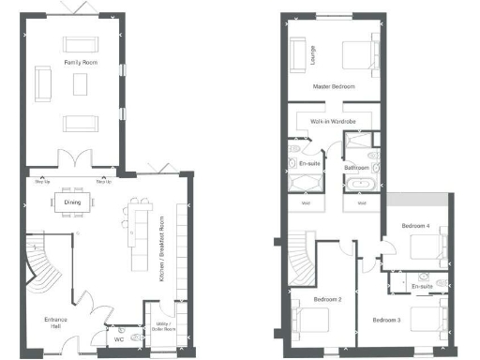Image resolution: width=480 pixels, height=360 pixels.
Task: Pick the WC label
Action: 119,339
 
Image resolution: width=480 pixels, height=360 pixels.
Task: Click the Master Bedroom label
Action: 333,85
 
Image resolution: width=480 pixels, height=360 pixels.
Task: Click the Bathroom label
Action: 357,169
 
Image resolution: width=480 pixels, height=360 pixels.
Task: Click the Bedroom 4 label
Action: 415,226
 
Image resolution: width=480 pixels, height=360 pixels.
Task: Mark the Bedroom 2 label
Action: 325,299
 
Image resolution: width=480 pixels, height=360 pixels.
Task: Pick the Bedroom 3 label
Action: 386,321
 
